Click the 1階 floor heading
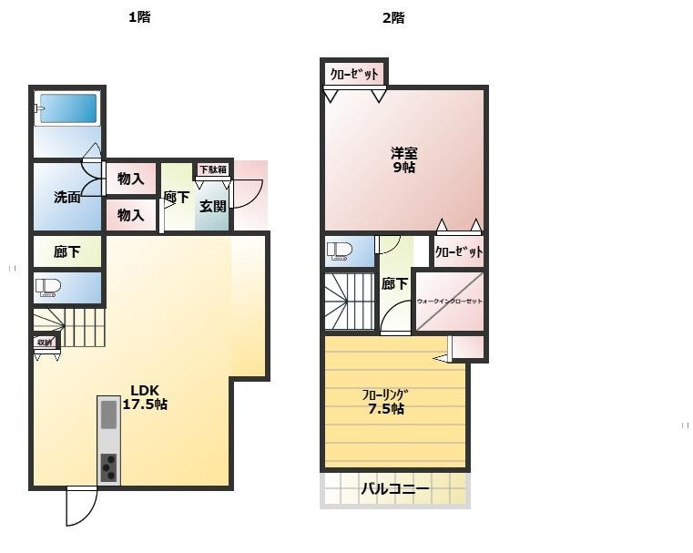(138, 17)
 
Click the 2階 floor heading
(393, 17)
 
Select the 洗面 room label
(66, 197)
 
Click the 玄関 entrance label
(212, 206)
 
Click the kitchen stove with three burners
(108, 467)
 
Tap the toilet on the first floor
(48, 288)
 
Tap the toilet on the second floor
(340, 251)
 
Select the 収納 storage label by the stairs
(45, 343)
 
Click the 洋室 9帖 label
(403, 159)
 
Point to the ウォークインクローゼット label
(449, 301)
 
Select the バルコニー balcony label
(394, 489)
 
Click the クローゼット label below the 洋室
(458, 252)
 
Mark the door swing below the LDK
(81, 507)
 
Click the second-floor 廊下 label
(395, 283)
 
